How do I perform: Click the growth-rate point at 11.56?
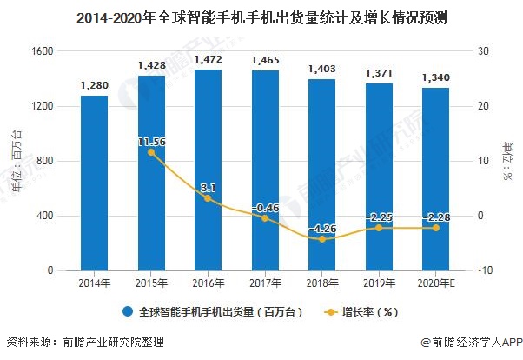point(151,152)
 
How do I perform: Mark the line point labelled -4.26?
point(321,239)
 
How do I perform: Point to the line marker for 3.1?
point(208,198)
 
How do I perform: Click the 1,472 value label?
point(208,59)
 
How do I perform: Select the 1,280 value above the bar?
point(94,85)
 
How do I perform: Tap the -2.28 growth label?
point(435,217)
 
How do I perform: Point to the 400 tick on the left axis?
point(46,216)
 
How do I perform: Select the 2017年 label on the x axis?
point(265,283)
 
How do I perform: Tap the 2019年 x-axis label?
point(379,283)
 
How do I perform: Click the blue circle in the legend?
point(128,311)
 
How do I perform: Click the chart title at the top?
point(261,17)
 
